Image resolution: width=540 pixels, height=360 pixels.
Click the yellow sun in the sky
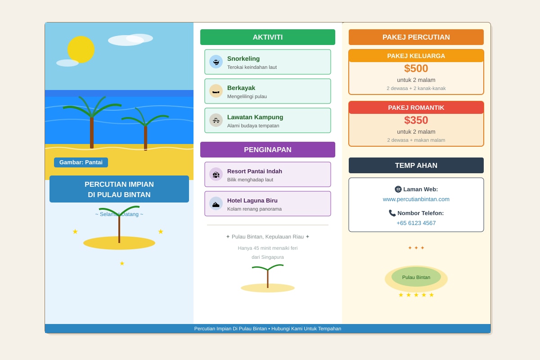(81, 49)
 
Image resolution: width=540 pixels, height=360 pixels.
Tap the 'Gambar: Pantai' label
(81, 162)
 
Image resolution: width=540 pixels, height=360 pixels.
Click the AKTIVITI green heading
(268, 37)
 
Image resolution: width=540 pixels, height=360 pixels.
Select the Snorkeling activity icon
(216, 62)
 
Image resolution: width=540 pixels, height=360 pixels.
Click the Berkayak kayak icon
(216, 91)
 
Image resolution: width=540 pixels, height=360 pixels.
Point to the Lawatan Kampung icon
(216, 120)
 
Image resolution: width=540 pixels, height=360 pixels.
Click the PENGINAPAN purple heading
(268, 149)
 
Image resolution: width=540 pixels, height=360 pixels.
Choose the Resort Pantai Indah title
(255, 171)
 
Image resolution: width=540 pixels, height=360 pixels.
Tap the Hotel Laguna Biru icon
(216, 203)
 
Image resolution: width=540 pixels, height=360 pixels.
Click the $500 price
(416, 68)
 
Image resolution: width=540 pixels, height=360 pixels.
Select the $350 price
(416, 120)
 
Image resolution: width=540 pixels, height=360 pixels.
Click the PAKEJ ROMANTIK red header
(416, 108)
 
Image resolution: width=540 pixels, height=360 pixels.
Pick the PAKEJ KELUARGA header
(416, 56)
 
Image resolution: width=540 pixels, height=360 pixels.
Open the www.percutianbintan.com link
(416, 199)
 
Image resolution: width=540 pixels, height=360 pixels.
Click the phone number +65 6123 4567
(416, 223)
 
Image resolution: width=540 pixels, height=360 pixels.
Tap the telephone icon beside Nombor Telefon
(392, 213)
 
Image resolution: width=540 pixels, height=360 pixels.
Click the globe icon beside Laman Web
(398, 189)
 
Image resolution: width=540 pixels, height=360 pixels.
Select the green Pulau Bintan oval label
(416, 277)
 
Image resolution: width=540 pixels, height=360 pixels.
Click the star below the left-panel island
(122, 263)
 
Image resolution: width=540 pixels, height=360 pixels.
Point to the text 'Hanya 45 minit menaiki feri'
(268, 248)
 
